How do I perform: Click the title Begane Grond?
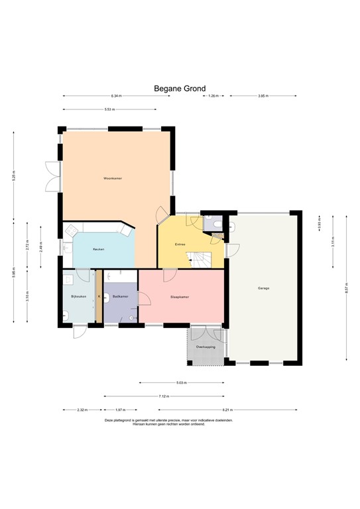tap(180, 88)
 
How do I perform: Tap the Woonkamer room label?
tap(113, 179)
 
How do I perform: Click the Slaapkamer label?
tap(180, 297)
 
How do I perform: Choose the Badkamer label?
tap(120, 296)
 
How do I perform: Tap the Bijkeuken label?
tap(79, 296)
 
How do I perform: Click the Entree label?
tap(180, 245)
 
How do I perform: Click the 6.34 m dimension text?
tap(117, 96)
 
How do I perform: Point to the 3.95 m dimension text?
tap(263, 96)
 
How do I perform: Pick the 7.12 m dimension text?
tap(164, 396)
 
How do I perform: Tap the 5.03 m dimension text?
tap(182, 382)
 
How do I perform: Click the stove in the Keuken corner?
tap(125, 230)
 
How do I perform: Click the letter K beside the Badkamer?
tap(99, 296)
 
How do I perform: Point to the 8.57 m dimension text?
tap(347, 288)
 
